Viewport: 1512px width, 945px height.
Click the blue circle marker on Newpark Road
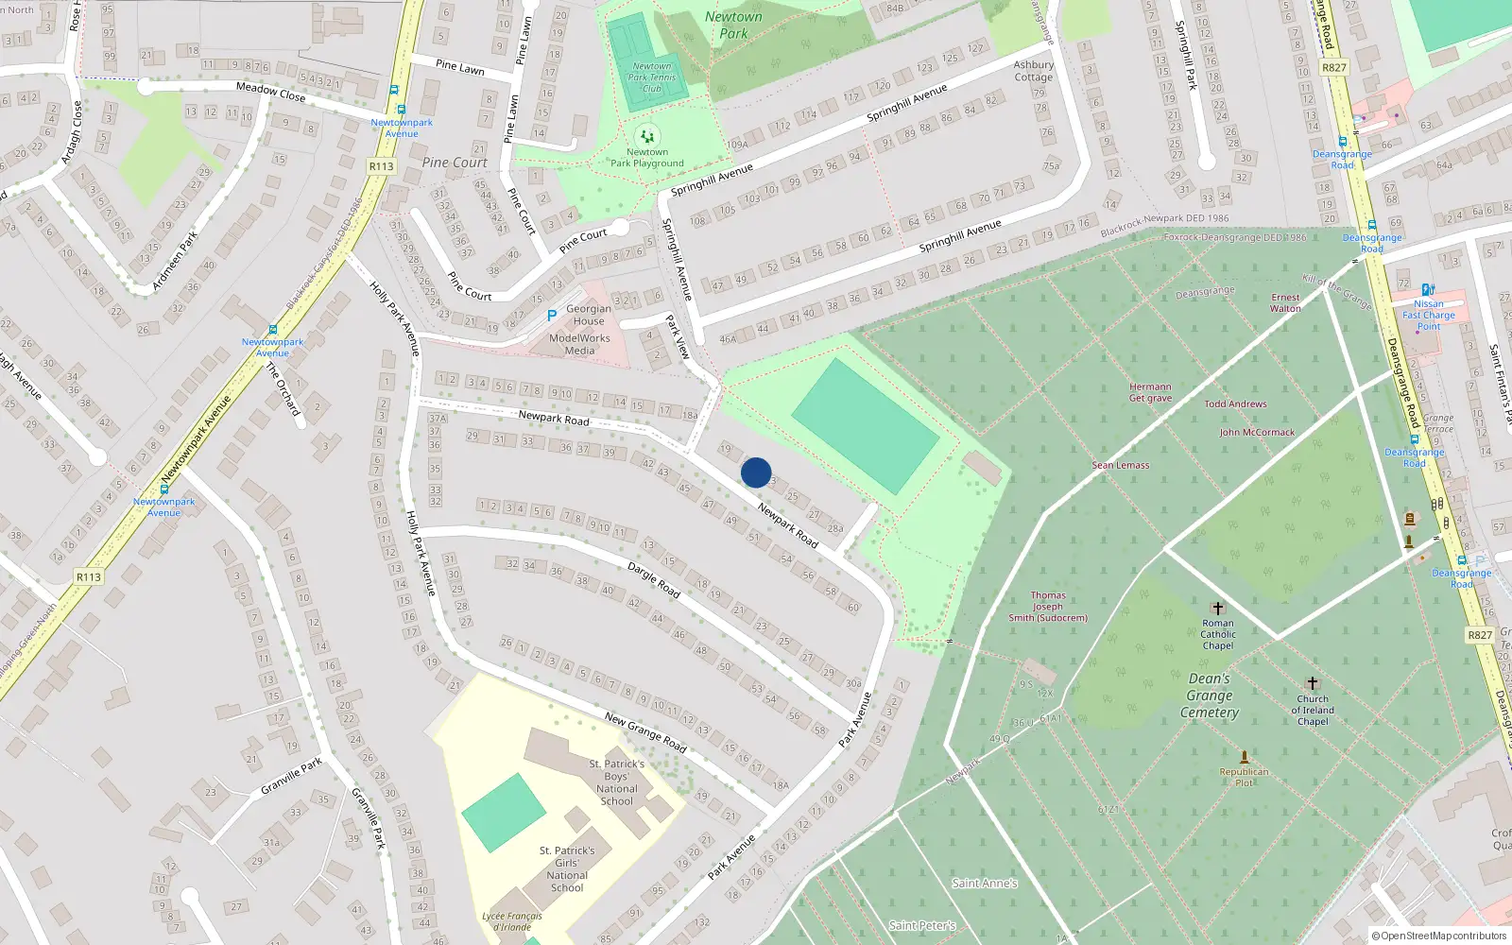pyautogui.click(x=756, y=472)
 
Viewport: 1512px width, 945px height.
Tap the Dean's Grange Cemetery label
pyautogui.click(x=1210, y=696)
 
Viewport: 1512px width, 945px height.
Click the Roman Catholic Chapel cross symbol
pyautogui.click(x=1218, y=609)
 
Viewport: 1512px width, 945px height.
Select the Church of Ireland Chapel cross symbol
pyautogui.click(x=1312, y=683)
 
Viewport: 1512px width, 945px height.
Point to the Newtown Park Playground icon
pyautogui.click(x=647, y=136)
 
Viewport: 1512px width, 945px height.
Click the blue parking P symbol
pyautogui.click(x=551, y=316)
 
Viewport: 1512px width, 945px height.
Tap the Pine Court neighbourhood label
pyautogui.click(x=455, y=163)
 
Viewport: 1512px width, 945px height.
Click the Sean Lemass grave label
pyautogui.click(x=1121, y=465)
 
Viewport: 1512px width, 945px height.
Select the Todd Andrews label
pyautogui.click(x=1235, y=404)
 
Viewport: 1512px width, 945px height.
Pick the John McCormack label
pyautogui.click(x=1257, y=433)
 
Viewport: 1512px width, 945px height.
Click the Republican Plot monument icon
pyautogui.click(x=1245, y=757)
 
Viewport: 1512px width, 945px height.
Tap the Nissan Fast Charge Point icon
pyautogui.click(x=1428, y=290)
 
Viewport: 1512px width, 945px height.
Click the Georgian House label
pyautogui.click(x=589, y=315)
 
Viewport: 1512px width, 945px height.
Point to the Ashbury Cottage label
pyautogui.click(x=1033, y=71)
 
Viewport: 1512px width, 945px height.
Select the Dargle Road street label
pyautogui.click(x=654, y=580)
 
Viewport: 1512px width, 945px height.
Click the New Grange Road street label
pyautogui.click(x=645, y=731)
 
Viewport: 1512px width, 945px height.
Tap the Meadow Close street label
pyautogui.click(x=270, y=91)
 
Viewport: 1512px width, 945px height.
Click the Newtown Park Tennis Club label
pyautogui.click(x=652, y=77)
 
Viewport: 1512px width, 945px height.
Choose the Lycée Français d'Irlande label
pyautogui.click(x=512, y=921)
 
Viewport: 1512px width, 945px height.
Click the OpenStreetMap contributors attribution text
pyautogui.click(x=1439, y=936)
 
